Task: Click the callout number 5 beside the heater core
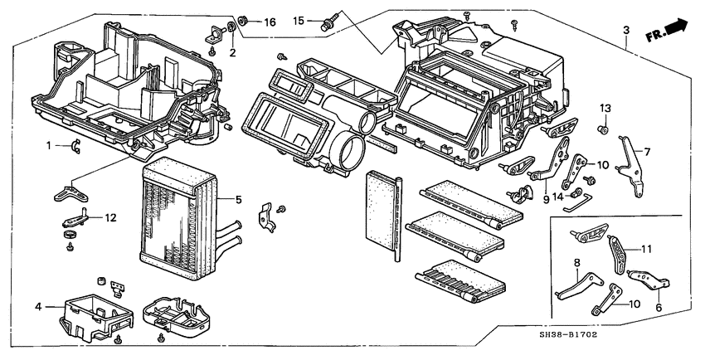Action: coord(238,199)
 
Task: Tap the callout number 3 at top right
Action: coord(626,31)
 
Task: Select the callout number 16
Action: coord(270,22)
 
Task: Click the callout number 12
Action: coord(111,217)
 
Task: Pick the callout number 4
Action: coord(38,307)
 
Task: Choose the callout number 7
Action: coord(648,152)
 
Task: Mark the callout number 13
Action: coord(605,109)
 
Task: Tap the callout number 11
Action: coord(647,247)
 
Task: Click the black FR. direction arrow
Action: coord(678,26)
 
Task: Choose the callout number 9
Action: coord(547,199)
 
